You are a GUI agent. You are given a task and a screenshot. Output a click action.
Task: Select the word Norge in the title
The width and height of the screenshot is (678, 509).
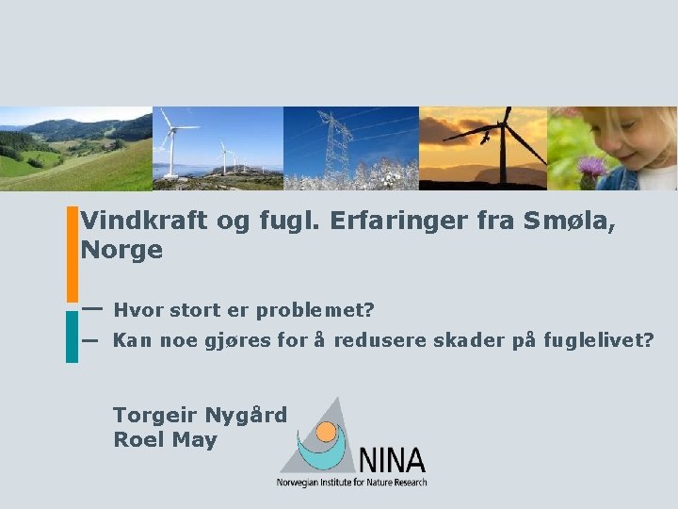pos(121,251)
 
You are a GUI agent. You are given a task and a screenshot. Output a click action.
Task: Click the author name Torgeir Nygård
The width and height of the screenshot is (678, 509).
pos(200,415)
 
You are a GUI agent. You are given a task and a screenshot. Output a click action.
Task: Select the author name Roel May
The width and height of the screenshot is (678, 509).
pos(165,439)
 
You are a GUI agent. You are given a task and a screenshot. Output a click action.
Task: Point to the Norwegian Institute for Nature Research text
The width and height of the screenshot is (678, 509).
pos(351,483)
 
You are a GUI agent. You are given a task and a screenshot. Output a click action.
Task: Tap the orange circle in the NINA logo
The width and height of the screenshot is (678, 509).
pos(327,434)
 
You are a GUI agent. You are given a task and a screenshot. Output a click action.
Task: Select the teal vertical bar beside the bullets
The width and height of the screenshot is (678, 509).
pos(73,337)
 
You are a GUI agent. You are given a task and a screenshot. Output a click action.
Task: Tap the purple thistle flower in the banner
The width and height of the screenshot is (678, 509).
pos(592,170)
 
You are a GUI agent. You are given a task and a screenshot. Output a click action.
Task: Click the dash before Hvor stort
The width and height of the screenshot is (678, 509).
pos(91,308)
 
